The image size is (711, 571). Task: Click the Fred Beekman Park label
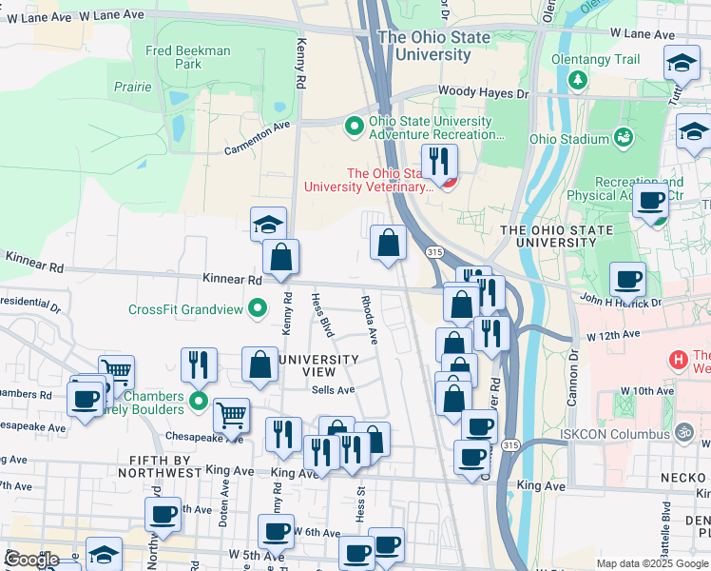(188, 57)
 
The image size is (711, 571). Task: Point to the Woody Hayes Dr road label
(482, 93)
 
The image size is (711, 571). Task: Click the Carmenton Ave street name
(257, 139)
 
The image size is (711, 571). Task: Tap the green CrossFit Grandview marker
(257, 308)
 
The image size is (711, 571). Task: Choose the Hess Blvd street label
(322, 315)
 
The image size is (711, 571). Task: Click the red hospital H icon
(678, 360)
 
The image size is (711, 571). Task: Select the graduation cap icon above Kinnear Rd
(269, 225)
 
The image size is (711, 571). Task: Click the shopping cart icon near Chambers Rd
(116, 372)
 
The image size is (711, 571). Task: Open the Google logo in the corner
(31, 560)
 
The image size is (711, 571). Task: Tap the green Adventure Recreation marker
(355, 125)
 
